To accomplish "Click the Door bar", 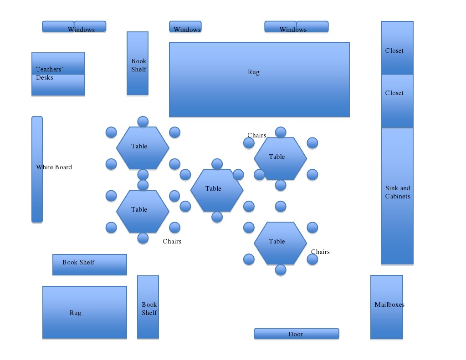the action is (296, 334).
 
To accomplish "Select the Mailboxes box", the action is (386, 307).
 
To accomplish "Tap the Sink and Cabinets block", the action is (397, 196).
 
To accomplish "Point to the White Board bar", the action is (37, 169).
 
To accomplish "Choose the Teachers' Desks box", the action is (58, 74).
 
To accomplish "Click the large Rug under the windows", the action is (259, 80).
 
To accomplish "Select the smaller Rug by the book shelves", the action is (84, 312).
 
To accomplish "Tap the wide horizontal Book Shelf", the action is (89, 264).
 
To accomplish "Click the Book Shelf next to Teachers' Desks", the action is (137, 63).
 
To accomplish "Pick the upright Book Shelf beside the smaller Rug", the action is (148, 307).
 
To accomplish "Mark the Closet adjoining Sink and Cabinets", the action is (397, 101).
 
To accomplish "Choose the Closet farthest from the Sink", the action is (397, 48).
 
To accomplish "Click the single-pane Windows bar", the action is (185, 27).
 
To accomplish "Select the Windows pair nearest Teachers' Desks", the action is (74, 27).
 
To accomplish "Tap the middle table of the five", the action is (216, 190).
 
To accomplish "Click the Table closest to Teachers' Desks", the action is (143, 147).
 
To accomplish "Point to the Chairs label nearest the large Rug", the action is (256, 135).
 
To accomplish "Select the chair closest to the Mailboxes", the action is (312, 259).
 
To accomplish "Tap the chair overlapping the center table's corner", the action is (238, 174).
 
